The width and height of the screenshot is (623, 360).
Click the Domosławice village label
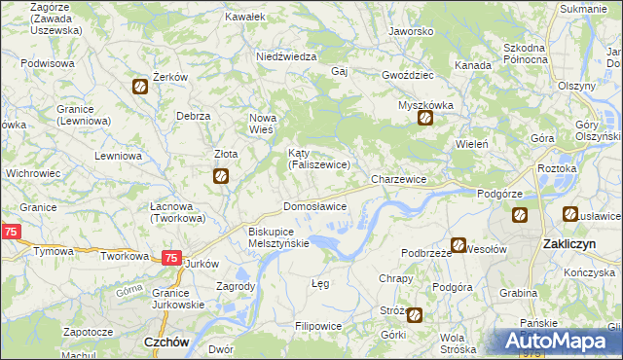[x=314, y=207]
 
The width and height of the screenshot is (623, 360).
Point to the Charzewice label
[x=399, y=180]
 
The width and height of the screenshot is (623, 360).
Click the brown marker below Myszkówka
[x=425, y=120]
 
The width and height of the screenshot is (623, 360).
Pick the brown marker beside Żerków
[x=140, y=88]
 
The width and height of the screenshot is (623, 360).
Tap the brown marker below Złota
[x=221, y=176]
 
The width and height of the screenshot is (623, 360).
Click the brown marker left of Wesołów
[x=458, y=247]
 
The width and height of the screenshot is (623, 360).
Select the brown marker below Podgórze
[x=520, y=215]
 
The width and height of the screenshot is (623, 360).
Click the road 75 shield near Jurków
[x=170, y=258]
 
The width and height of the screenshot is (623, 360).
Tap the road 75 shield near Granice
[x=11, y=232]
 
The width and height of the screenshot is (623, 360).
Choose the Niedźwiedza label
[x=286, y=56]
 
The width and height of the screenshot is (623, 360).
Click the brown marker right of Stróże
[x=415, y=314]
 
